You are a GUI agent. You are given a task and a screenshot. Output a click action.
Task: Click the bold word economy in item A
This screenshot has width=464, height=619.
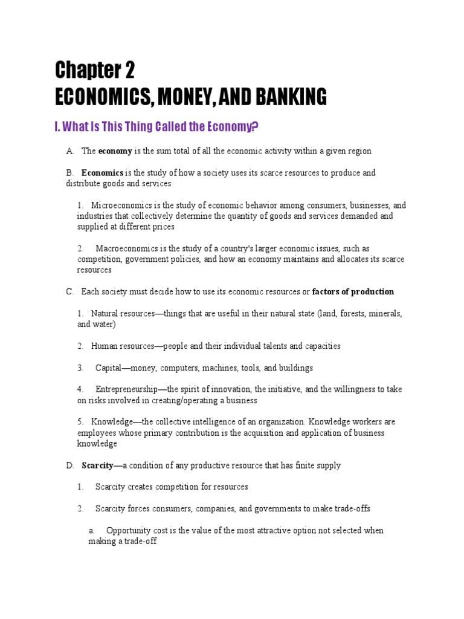tap(115, 151)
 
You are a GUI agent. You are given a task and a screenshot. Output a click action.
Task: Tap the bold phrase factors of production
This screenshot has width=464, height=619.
tap(353, 292)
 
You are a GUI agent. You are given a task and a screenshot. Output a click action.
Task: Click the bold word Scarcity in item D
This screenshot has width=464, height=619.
tap(97, 465)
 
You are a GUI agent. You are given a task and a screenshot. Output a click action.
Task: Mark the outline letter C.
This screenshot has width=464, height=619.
tap(69, 292)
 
